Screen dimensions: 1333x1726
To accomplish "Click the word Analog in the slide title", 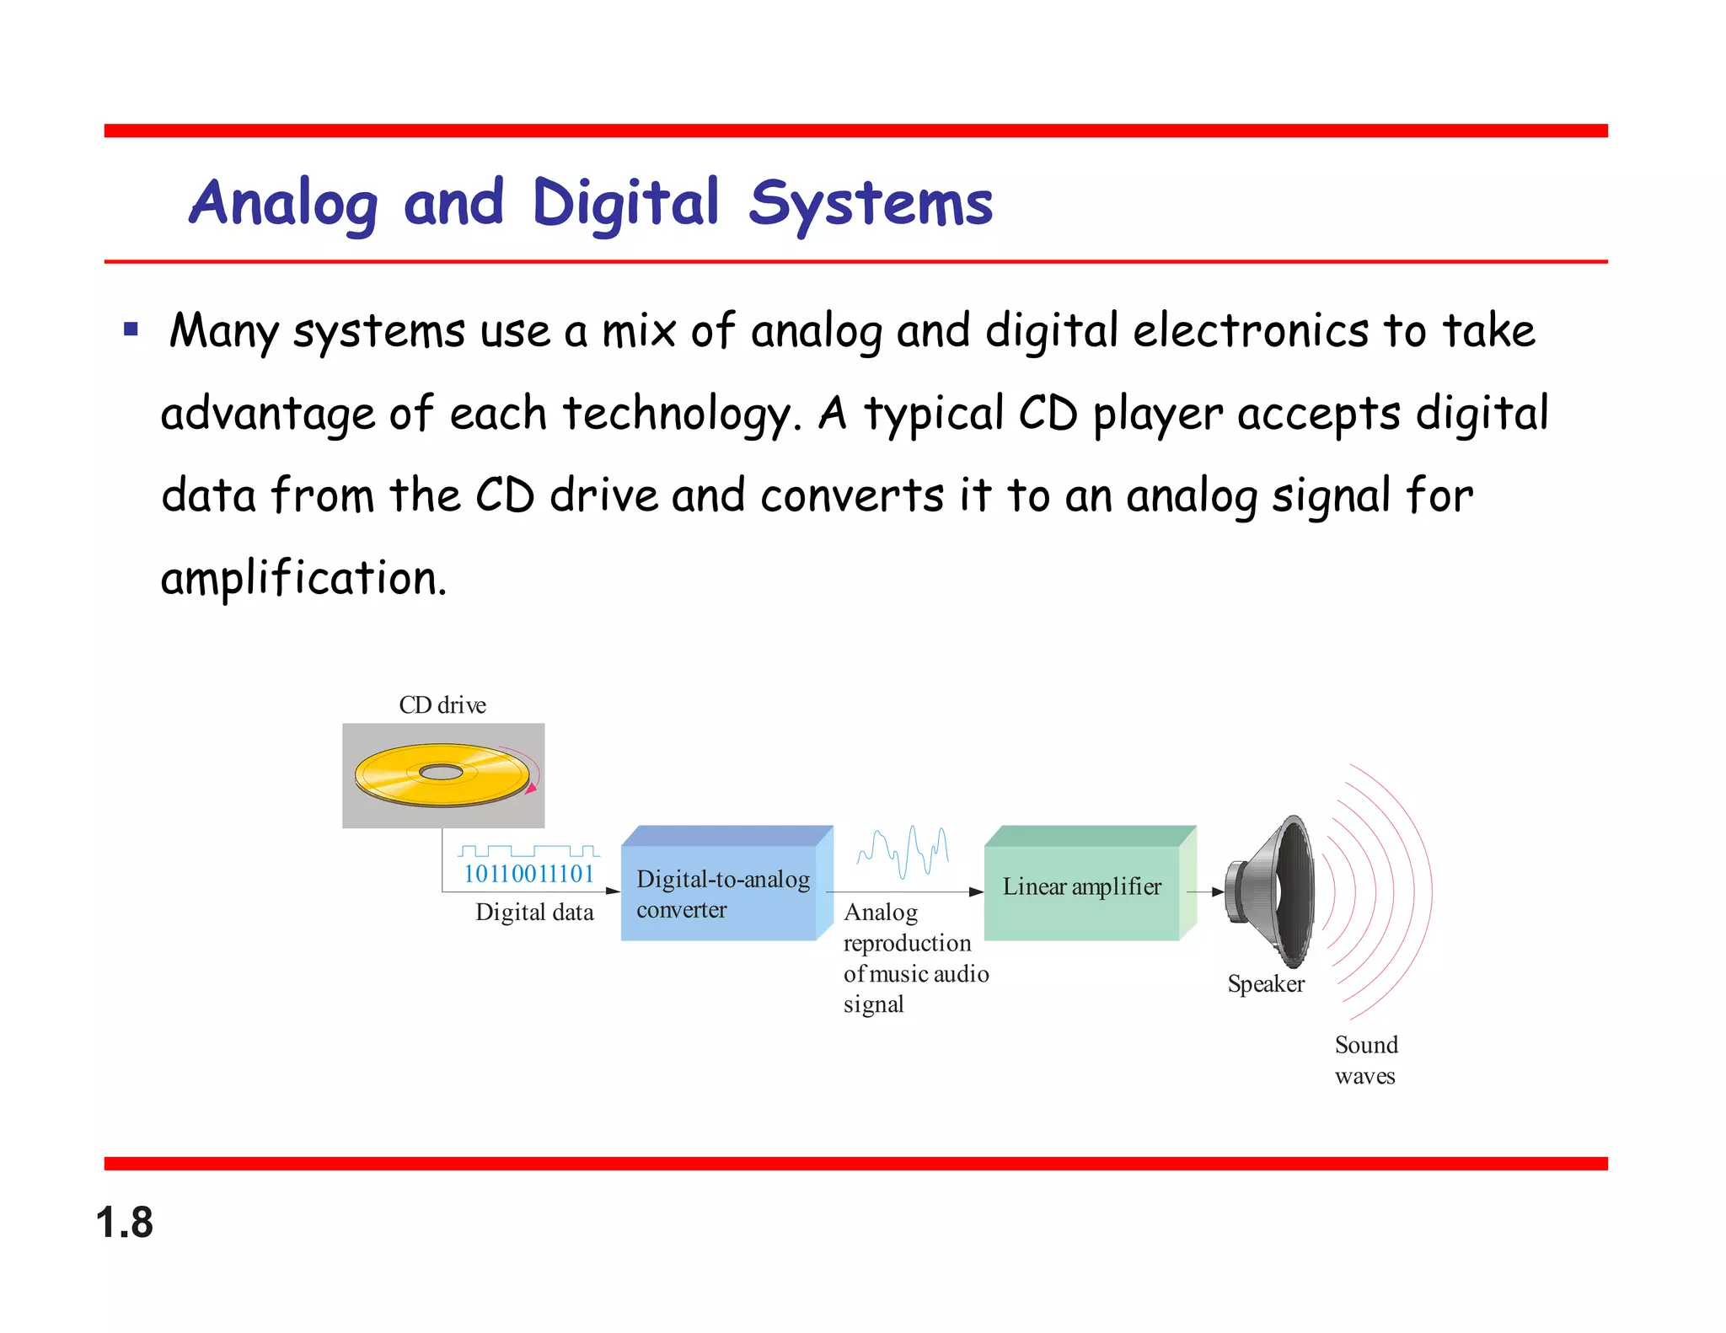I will [x=283, y=204].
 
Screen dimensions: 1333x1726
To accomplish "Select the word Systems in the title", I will [x=871, y=204].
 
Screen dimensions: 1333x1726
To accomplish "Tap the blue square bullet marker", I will [x=131, y=329].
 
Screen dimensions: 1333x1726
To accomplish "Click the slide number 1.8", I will [x=125, y=1222].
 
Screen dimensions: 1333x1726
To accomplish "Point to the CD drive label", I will [x=442, y=704].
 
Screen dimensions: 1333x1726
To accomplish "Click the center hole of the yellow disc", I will [x=441, y=772].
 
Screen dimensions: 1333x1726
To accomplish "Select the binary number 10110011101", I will [x=529, y=874].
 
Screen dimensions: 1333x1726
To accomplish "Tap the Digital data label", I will [x=534, y=913].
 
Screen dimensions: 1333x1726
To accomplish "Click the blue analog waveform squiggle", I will [x=903, y=851].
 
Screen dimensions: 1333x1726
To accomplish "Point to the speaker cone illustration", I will [x=1273, y=891].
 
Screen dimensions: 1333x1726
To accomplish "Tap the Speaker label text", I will [x=1266, y=984].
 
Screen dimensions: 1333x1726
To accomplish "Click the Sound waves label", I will [x=1365, y=1061].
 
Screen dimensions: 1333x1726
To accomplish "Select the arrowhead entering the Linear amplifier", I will [x=976, y=891].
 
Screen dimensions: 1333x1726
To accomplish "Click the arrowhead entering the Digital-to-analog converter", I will [x=614, y=891].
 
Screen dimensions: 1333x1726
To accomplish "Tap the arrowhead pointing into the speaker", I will [x=1218, y=891].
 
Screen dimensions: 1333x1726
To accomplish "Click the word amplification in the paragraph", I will [x=303, y=579].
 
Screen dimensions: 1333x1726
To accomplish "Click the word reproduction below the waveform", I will [x=907, y=943].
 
